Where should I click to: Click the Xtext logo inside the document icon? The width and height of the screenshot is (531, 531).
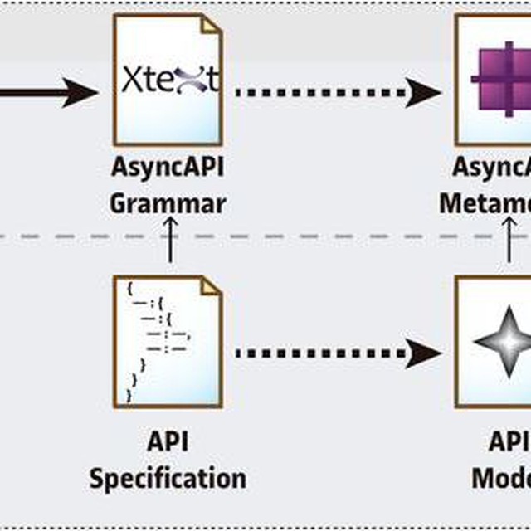170,80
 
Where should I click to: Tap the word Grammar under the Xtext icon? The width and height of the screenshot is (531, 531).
168,202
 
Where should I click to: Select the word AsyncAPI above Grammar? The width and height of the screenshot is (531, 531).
168,167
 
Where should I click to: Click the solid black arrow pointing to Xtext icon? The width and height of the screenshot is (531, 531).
50,91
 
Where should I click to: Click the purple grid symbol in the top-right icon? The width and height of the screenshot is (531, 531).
501,80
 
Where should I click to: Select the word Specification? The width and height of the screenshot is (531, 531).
168,478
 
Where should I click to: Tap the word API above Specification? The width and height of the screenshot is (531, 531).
168,441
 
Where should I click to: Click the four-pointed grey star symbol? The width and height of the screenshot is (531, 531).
501,342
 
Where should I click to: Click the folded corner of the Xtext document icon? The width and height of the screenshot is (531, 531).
212,24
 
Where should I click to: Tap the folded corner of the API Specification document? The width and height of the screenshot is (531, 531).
212,286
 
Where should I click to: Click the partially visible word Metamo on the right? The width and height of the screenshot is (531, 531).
485,202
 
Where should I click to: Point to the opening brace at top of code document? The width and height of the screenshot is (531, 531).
130,288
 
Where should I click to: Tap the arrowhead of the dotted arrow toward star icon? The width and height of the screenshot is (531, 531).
426,353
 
